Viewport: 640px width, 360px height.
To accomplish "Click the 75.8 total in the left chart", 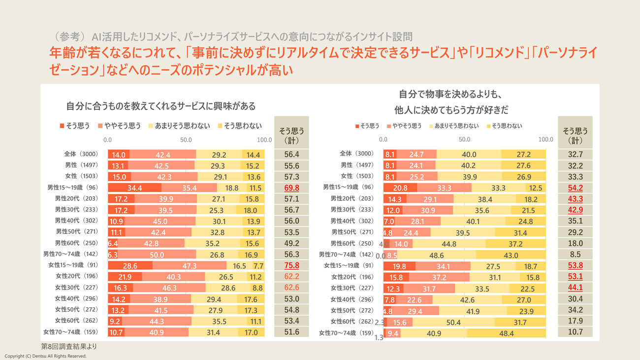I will (292, 265).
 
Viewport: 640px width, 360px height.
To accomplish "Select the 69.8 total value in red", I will (292, 188).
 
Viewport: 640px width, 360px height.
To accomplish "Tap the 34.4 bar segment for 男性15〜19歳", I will (134, 188).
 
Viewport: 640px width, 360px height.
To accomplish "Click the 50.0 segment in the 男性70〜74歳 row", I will (157, 254).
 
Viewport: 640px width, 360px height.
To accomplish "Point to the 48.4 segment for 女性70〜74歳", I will (506, 333).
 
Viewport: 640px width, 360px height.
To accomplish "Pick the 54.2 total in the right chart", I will (575, 188).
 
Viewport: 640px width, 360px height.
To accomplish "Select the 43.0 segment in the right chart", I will (511, 255).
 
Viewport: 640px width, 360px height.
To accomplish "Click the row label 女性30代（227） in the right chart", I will (352, 288).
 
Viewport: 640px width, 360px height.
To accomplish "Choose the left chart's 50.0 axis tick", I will (186, 140).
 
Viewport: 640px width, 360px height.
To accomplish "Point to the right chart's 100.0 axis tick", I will (545, 139).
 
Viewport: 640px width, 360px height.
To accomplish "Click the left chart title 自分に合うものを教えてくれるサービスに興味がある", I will (161, 106).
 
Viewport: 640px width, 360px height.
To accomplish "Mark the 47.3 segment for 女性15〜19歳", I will (189, 265).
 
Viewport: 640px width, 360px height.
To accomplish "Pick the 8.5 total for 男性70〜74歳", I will (575, 255).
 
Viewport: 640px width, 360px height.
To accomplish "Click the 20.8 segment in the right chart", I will (400, 188).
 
